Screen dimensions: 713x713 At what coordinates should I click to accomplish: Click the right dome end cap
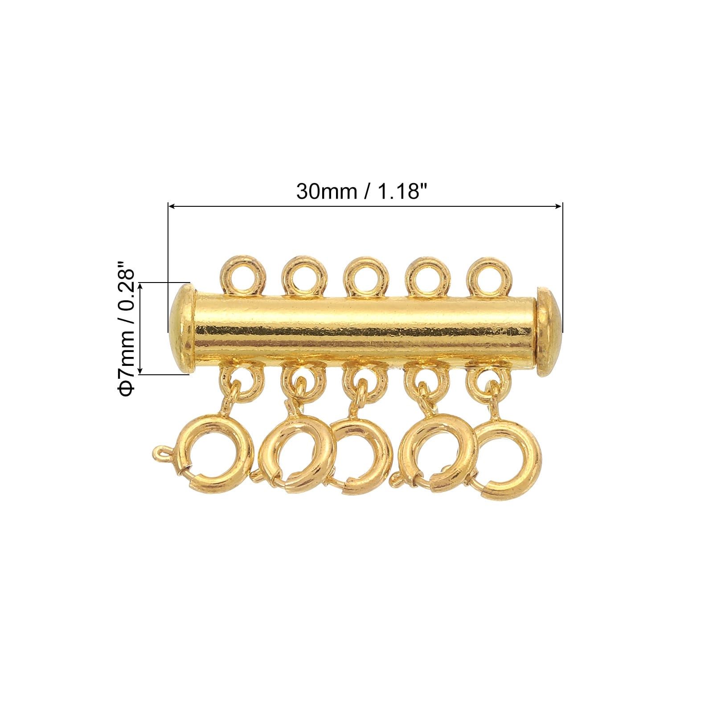coord(549,331)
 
